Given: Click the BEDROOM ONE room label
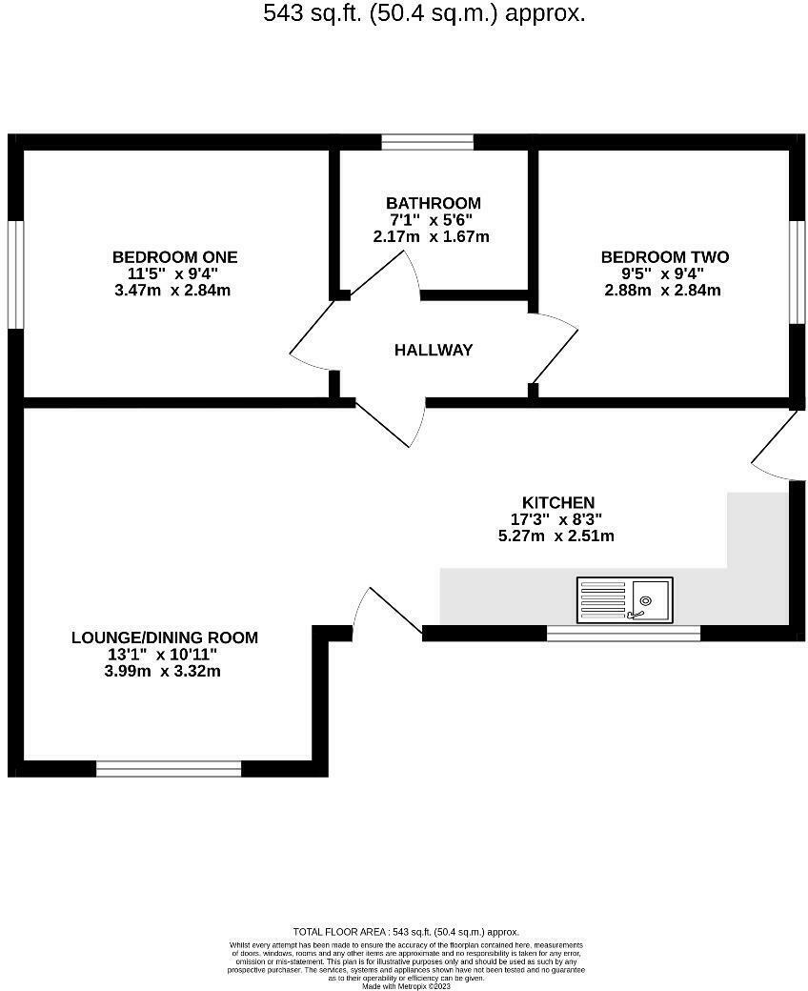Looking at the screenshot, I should (x=174, y=257).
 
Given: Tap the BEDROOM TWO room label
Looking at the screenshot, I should (x=664, y=257).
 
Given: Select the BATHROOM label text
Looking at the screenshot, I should (x=433, y=203).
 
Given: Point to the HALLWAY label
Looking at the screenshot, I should (x=434, y=351).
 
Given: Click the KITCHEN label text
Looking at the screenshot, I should (x=557, y=502).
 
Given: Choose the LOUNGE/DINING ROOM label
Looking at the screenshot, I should (x=164, y=637).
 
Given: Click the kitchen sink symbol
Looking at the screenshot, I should (x=624, y=600).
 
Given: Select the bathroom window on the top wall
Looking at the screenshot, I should (x=427, y=142).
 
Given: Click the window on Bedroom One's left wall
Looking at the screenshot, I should (x=14, y=274).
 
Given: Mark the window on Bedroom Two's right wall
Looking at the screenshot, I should (x=798, y=273).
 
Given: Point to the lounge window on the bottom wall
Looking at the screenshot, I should (x=169, y=769).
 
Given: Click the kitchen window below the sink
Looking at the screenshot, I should (x=623, y=633).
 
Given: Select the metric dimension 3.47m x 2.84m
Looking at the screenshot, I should (x=172, y=290).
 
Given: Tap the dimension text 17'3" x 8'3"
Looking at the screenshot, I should (x=557, y=519).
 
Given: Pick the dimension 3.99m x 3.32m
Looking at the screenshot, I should (x=164, y=671).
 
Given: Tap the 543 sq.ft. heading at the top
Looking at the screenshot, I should (x=424, y=13).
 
